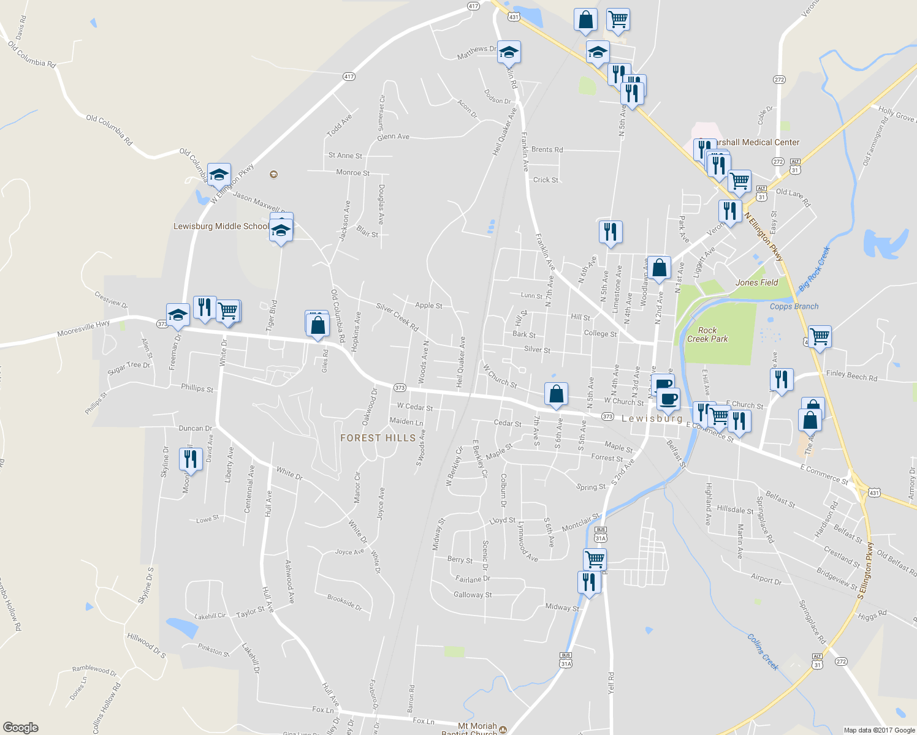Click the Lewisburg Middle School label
(221, 226)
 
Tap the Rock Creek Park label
(707, 334)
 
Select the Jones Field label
(756, 282)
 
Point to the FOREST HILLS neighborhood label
(378, 438)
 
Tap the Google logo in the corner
(20, 728)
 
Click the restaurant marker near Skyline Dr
(191, 459)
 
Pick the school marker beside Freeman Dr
(178, 315)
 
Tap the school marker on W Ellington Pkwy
(219, 175)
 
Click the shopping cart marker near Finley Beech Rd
(820, 336)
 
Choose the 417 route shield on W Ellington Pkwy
(349, 77)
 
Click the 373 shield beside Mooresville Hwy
(162, 323)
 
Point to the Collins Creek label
(763, 652)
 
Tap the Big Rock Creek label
(814, 269)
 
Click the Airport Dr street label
(766, 579)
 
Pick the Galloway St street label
(473, 595)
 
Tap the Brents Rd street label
(547, 149)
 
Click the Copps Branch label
(794, 306)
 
